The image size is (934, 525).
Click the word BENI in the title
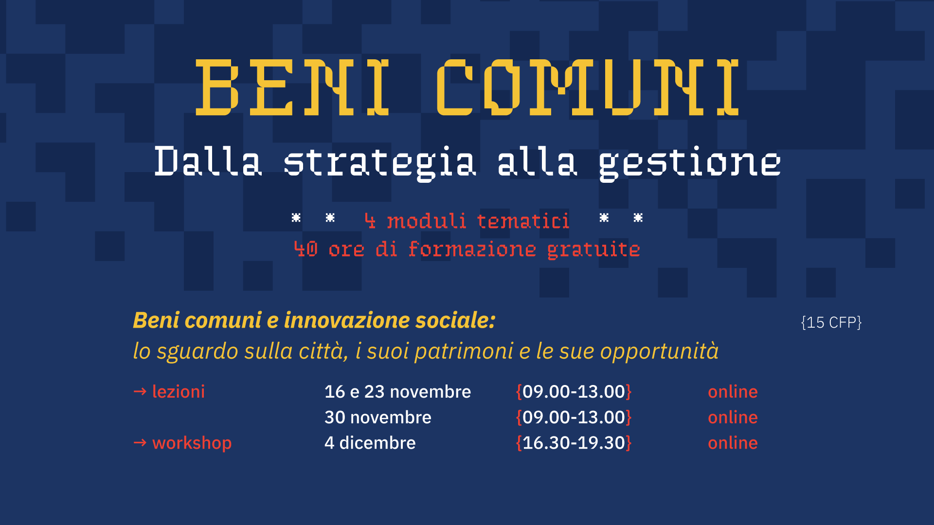292,87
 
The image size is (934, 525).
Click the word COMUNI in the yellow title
588,87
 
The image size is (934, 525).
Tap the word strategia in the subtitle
380,163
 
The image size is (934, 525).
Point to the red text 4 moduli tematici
467,221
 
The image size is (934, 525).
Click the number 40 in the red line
306,249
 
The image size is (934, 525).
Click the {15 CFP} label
831,322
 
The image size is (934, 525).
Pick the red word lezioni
179,392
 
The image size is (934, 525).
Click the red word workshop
192,443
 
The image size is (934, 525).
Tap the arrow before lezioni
140,391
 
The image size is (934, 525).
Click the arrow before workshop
140,442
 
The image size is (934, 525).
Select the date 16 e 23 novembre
398,392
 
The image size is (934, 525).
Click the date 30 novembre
378,418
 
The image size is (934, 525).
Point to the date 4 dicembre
370,443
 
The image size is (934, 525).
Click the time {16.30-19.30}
574,443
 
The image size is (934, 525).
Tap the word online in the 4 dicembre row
733,443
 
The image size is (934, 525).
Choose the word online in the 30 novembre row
733,418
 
